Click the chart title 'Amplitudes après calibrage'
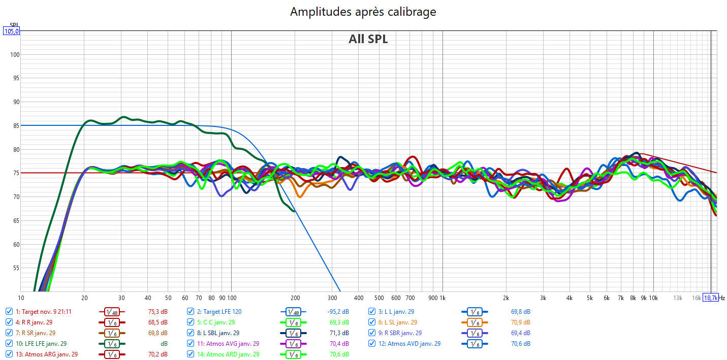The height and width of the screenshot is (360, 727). coord(363,12)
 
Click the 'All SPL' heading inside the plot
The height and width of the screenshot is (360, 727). coord(368,39)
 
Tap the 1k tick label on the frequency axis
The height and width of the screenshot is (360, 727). coord(442,298)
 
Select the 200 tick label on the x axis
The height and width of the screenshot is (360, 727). coord(295,298)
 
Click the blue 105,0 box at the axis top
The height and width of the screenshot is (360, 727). coord(11,31)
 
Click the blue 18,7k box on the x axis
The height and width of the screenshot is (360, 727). coord(710,298)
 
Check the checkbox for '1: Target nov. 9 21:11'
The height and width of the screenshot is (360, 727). coord(9,312)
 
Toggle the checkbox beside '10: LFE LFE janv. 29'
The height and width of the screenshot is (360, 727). coord(9,344)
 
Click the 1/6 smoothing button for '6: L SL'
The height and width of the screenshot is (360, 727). coord(474,322)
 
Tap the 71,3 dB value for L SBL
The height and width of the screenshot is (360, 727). coord(339,333)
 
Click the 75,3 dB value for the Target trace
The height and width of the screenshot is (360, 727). coord(157,312)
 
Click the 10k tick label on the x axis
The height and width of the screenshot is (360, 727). coord(653,298)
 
